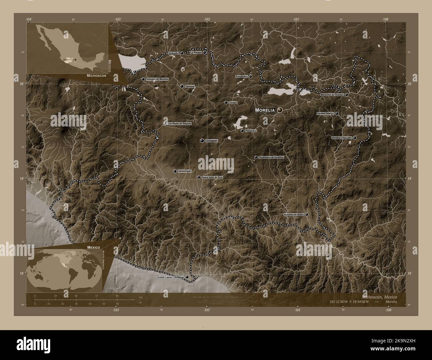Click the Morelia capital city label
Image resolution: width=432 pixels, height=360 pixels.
tap(265, 110)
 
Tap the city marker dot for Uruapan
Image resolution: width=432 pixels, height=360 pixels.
tap(202, 141)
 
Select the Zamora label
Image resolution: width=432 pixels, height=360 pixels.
tap(190, 86)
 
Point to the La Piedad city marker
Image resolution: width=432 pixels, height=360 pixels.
tap(205, 52)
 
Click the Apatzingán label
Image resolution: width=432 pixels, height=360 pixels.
tap(185, 171)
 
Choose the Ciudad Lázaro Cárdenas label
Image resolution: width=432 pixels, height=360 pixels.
tap(169, 277)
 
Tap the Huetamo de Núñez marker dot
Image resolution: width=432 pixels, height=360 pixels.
tap(307, 215)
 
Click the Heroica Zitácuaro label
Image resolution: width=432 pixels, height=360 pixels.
tap(342, 137)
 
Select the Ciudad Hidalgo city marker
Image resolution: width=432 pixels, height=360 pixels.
tap(337, 114)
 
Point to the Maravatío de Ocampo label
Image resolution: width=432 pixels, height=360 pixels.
tap(332, 95)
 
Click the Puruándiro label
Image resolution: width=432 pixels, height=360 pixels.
tap(242, 76)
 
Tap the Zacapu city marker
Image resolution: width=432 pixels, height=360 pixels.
tap(226, 103)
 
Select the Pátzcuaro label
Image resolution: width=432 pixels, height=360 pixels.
tap(251, 131)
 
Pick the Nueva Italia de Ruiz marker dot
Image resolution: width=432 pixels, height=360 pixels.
tap(198, 178)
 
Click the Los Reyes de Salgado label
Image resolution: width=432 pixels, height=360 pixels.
tap(179, 124)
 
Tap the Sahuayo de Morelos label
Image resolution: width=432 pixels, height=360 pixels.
tap(157, 79)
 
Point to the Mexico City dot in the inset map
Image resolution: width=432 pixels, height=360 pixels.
tap(75, 59)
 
